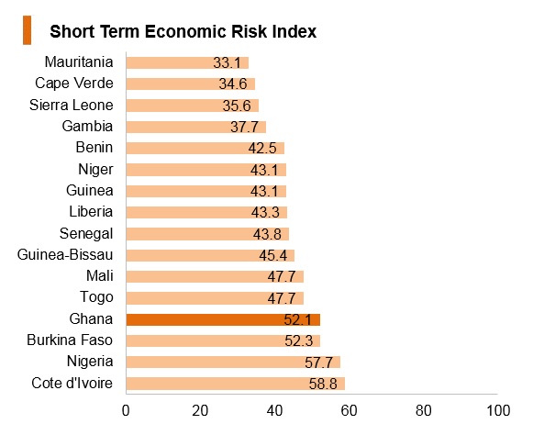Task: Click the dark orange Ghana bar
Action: click(223, 319)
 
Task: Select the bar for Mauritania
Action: click(187, 62)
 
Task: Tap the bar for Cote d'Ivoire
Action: click(236, 384)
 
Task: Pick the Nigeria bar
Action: click(233, 362)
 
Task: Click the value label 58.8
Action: click(323, 384)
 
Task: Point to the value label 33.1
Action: click(227, 62)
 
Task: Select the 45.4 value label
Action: click(273, 255)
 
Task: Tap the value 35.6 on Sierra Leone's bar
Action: click(237, 106)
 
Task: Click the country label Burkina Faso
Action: click(70, 340)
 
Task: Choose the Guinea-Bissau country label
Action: click(65, 255)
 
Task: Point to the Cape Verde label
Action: click(74, 84)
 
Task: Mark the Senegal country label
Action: click(86, 234)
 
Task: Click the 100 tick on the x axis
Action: click(498, 411)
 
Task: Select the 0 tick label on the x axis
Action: click(126, 411)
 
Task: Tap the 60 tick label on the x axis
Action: click(349, 411)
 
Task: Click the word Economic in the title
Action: click(185, 31)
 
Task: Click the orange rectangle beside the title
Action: click(27, 30)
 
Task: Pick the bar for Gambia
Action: click(196, 127)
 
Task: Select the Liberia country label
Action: click(91, 212)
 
